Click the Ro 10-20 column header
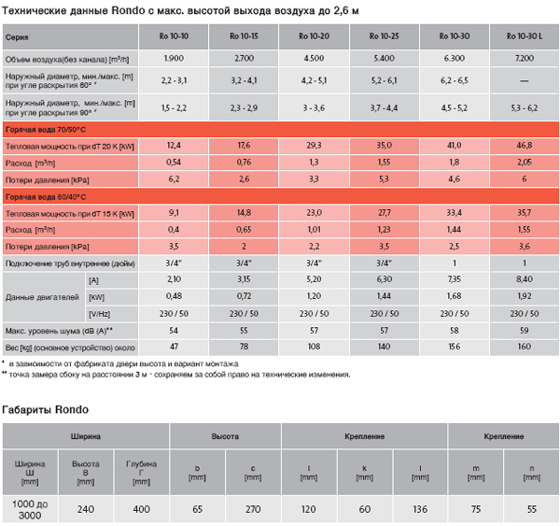point(314,36)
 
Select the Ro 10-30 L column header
point(525,36)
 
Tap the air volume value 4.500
point(314,58)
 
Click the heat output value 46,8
point(525,145)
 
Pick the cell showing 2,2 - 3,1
point(174,80)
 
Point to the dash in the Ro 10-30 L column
point(525,80)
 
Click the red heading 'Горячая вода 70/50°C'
point(46,130)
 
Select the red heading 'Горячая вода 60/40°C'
point(46,197)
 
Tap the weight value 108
point(314,347)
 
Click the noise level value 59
point(525,331)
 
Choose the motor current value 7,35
point(455,279)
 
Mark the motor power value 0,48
point(174,296)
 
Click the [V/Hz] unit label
point(100,314)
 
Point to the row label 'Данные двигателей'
point(42,297)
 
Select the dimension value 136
point(420,509)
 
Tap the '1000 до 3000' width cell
point(30,509)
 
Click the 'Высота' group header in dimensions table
point(225,436)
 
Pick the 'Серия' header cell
point(17,37)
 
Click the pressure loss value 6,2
point(174,178)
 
